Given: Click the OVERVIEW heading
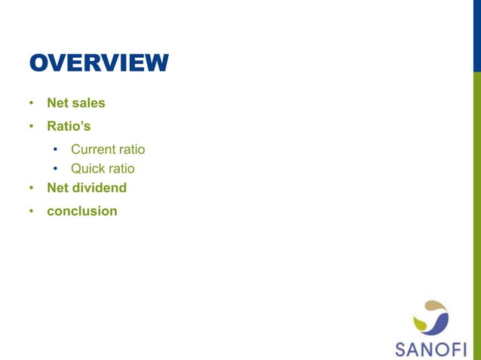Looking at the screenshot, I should [99, 63].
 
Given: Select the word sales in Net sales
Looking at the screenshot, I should [88, 102].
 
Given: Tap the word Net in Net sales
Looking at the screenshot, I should [58, 102].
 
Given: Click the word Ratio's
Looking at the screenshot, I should [69, 126].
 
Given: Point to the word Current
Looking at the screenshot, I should [93, 149].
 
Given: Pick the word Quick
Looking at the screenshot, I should [88, 169].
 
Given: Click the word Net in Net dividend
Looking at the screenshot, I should [58, 188].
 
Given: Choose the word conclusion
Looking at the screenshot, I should [82, 211].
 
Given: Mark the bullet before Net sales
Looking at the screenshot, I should [32, 103].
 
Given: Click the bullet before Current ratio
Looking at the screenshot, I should [56, 150].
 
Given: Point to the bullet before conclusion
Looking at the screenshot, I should [32, 212].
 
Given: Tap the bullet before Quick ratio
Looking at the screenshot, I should [56, 169].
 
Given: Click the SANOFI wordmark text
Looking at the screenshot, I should [431, 348].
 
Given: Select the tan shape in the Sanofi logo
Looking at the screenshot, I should [436, 307].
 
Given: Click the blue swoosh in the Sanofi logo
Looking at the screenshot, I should [440, 322].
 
